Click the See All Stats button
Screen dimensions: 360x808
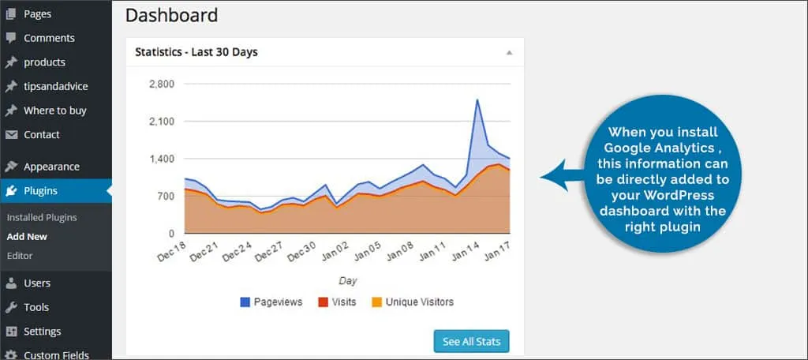pyautogui.click(x=471, y=341)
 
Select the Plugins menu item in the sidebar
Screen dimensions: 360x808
pyautogui.click(x=40, y=190)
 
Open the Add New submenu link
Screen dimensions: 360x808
pyautogui.click(x=27, y=236)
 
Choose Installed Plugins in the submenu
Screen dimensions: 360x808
pyautogui.click(x=41, y=217)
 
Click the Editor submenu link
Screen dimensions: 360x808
pyautogui.click(x=20, y=256)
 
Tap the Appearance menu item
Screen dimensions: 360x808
pyautogui.click(x=51, y=167)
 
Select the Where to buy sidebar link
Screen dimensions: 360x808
pyautogui.click(x=54, y=111)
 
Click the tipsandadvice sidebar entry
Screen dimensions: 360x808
pyautogui.click(x=56, y=86)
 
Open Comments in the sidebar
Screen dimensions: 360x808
pyautogui.click(x=49, y=38)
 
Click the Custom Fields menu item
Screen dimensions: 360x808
pyautogui.click(x=56, y=354)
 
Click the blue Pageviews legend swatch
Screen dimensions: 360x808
pyautogui.click(x=244, y=302)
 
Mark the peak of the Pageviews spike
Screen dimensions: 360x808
pyautogui.click(x=477, y=99)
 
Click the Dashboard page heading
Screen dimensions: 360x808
pyautogui.click(x=171, y=15)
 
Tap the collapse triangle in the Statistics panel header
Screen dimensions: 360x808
pyautogui.click(x=509, y=53)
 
